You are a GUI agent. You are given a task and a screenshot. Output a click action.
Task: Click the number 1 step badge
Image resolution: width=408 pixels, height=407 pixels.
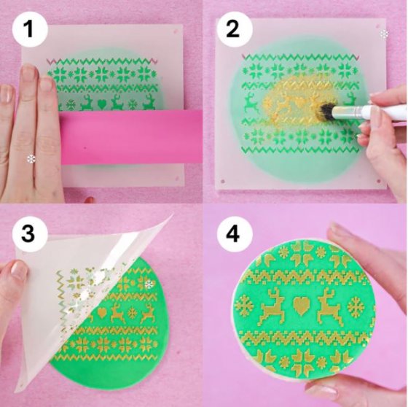tap(29, 31)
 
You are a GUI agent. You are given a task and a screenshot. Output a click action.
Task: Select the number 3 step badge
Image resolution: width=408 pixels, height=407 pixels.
tap(29, 234)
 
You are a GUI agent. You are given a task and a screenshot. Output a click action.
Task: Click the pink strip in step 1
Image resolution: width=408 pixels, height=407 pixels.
tap(131, 136)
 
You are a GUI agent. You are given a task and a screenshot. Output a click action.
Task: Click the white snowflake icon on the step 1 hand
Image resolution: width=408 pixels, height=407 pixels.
tap(31, 158)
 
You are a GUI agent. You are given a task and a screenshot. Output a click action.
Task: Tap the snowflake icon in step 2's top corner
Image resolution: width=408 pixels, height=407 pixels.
tap(384, 34)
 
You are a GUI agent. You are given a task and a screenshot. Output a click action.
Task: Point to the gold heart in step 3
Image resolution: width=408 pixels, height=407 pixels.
tap(102, 311)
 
